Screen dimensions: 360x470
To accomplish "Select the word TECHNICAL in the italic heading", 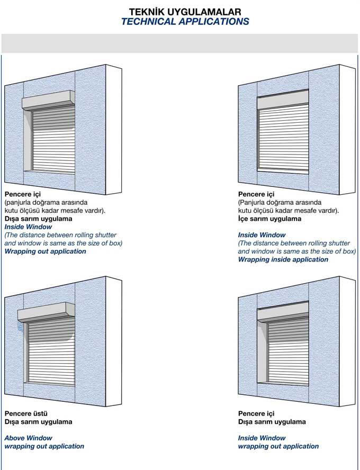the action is click(148, 22).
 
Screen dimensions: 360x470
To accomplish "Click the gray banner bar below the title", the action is click(180, 43).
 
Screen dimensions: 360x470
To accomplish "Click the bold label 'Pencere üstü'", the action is click(26, 414).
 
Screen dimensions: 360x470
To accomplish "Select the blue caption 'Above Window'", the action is click(28, 438).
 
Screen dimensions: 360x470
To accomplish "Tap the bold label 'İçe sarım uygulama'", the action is click(269, 219).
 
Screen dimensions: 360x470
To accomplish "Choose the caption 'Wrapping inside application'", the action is click(283, 259).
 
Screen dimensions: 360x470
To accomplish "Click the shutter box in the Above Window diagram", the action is click(46, 312).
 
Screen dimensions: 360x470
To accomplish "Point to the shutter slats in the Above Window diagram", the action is click(51, 351).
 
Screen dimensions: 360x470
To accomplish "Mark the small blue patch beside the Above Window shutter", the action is click(20, 327).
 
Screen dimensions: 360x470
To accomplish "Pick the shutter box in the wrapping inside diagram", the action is click(283, 99).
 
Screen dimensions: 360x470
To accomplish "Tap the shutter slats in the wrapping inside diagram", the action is click(283, 138).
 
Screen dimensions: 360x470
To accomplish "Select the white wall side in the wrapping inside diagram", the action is click(347, 130).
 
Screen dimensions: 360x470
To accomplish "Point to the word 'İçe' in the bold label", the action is click(244, 219).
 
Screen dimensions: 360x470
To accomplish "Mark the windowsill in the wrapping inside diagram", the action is click(283, 172).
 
